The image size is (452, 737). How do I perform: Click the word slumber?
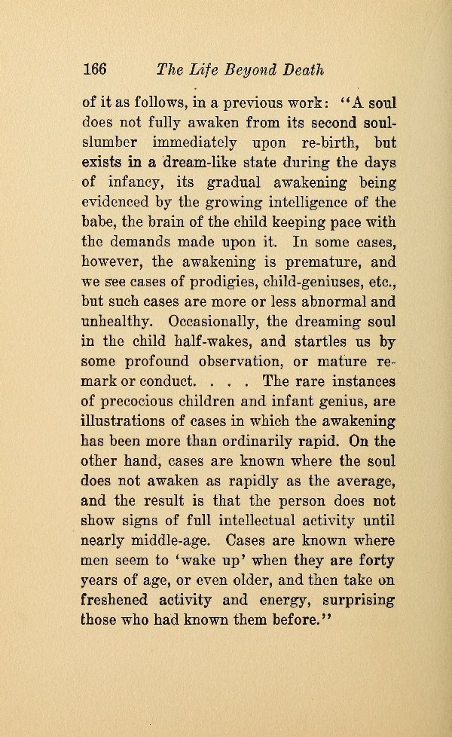pos(111,142)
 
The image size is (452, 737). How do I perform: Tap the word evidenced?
pos(117,201)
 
